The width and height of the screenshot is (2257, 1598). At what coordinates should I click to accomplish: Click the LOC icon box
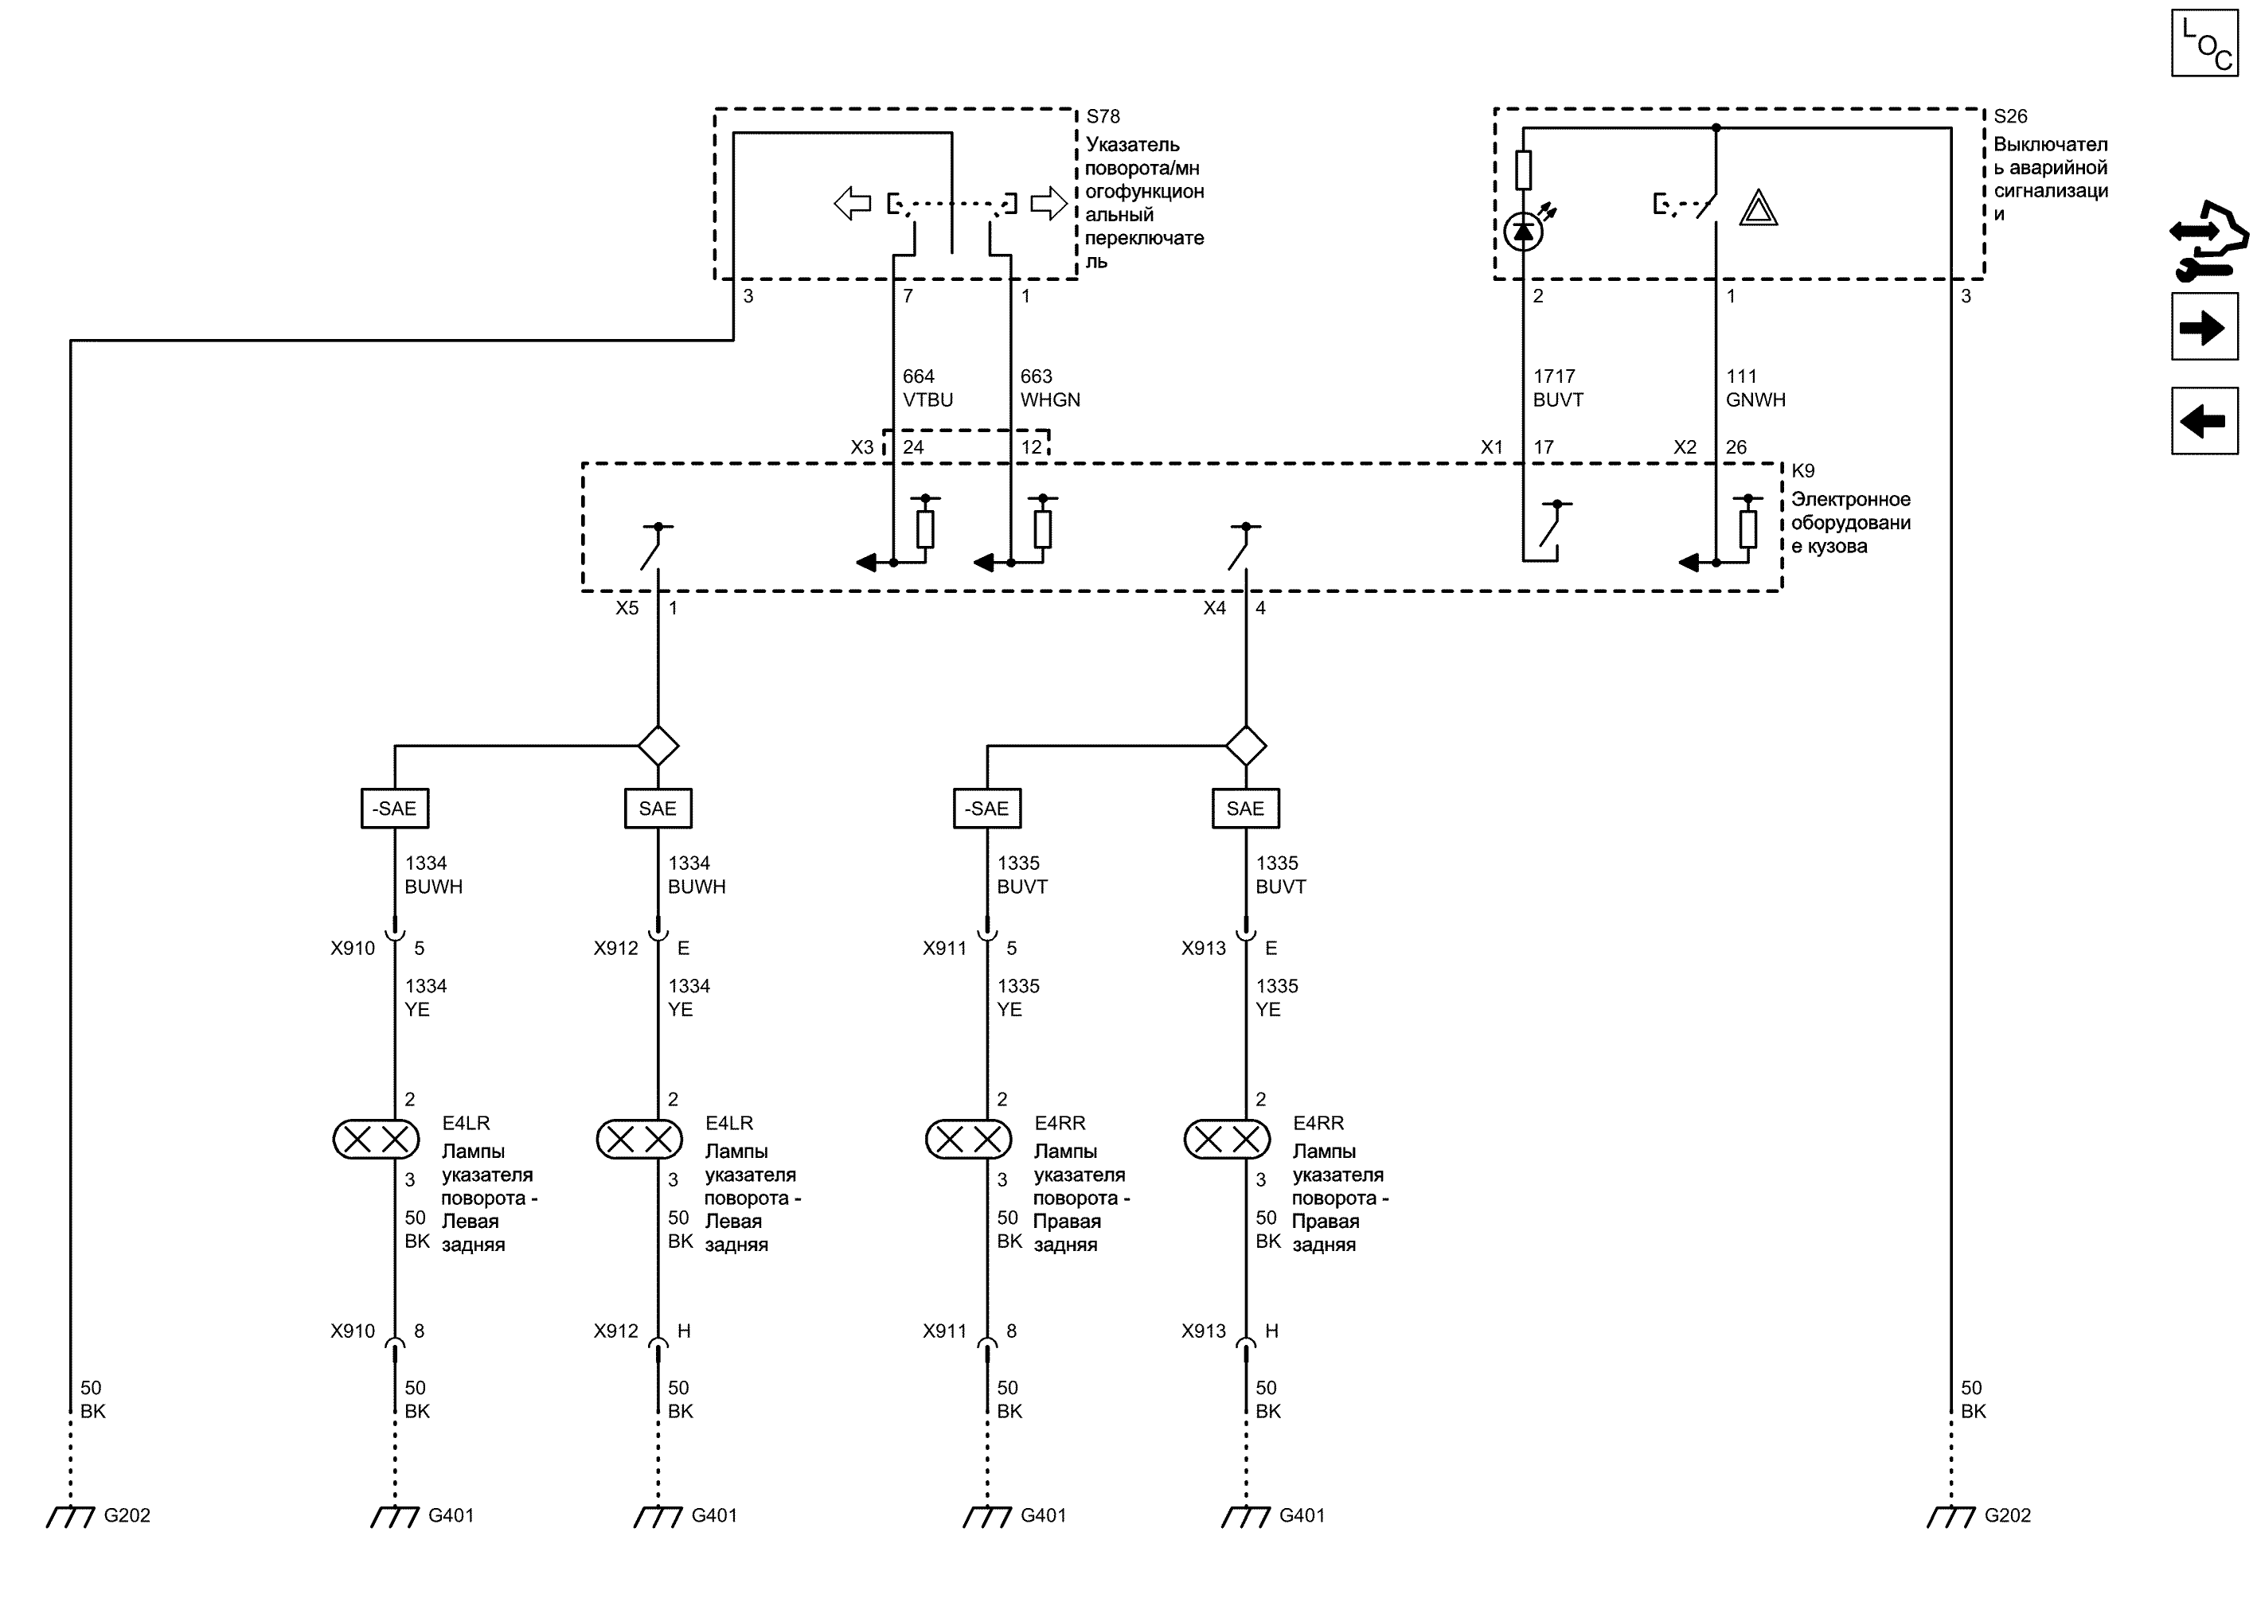pos(2204,42)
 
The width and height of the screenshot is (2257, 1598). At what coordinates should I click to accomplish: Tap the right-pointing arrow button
pos(2204,327)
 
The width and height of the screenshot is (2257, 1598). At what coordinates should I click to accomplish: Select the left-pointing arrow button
pos(2204,421)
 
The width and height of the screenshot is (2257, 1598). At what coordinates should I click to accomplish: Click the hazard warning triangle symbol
pos(1758,208)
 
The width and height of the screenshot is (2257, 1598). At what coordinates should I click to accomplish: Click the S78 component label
pos(1103,116)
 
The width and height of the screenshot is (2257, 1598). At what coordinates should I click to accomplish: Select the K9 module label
pos(1802,470)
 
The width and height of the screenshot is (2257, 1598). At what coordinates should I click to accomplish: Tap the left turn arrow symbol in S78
pos(853,204)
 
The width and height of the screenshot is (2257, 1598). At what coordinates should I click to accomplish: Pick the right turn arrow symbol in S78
pos(1048,204)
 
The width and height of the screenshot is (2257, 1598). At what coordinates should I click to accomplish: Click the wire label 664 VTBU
pos(927,388)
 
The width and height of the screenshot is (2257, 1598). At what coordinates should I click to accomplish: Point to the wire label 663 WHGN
pos(1049,388)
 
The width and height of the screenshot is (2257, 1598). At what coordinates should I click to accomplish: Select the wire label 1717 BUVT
pos(1557,388)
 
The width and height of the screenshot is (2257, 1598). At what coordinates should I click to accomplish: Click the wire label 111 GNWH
pos(1755,388)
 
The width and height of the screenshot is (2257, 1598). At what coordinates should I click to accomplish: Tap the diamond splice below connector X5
pos(658,746)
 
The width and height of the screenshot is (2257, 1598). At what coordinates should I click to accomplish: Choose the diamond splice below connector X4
pos(1246,746)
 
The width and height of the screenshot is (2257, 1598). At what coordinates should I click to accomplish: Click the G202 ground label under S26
pos(2007,1515)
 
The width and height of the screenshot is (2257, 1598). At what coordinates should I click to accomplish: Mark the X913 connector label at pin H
pos(1204,1331)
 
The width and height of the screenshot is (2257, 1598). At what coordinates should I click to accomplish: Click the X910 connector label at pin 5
pos(353,949)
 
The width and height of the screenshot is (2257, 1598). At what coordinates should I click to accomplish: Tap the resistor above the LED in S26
pos(1523,170)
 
